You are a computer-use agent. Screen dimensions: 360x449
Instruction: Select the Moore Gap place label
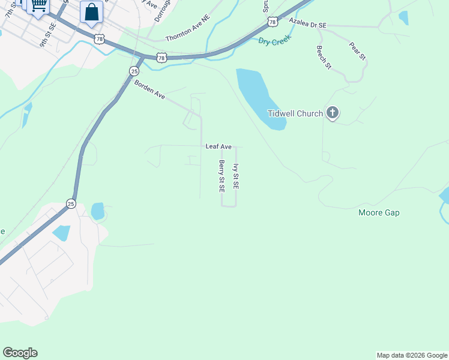[x=379, y=212]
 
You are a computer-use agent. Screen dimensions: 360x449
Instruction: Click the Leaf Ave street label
[x=218, y=146]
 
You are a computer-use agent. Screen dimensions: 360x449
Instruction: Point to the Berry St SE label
[x=221, y=176]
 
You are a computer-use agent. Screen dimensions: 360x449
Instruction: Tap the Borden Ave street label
[x=149, y=90]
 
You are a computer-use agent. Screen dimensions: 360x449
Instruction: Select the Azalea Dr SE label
[x=307, y=23]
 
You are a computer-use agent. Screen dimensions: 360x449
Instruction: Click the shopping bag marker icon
[x=91, y=13]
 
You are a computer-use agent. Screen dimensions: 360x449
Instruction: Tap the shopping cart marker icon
[x=38, y=6]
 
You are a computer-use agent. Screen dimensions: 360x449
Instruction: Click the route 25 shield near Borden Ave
[x=134, y=71]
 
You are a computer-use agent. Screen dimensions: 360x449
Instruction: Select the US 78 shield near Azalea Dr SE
[x=273, y=22]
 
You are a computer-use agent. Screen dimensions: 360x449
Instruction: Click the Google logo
[x=20, y=353]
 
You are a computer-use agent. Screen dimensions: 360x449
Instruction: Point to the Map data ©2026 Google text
[x=412, y=355]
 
